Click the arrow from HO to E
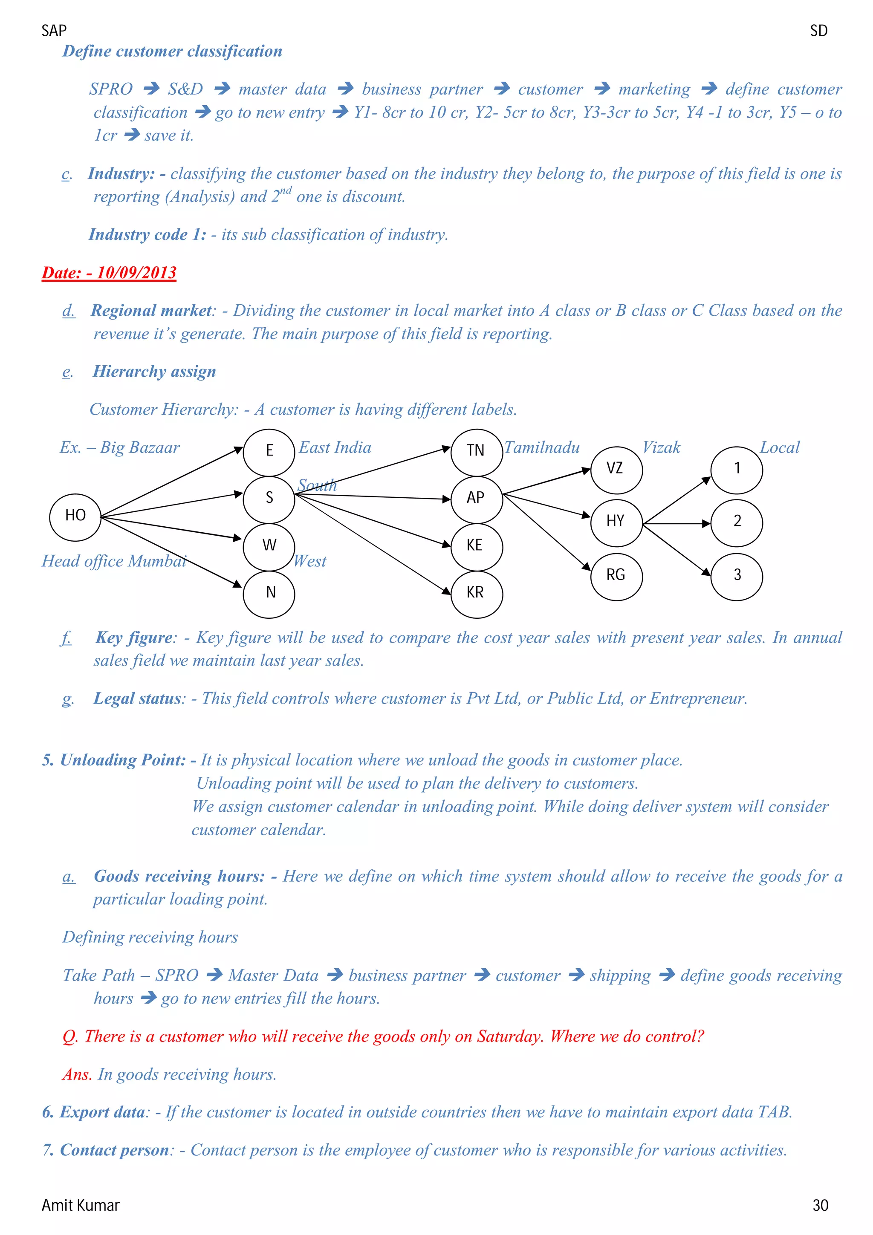[172, 482]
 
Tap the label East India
[335, 447]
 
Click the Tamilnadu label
[542, 447]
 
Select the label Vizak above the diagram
[661, 447]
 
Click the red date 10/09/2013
[109, 273]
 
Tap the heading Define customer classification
[172, 51]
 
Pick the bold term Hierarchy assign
[154, 372]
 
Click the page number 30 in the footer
[820, 1206]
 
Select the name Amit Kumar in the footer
[81, 1206]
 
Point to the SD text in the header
[818, 31]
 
